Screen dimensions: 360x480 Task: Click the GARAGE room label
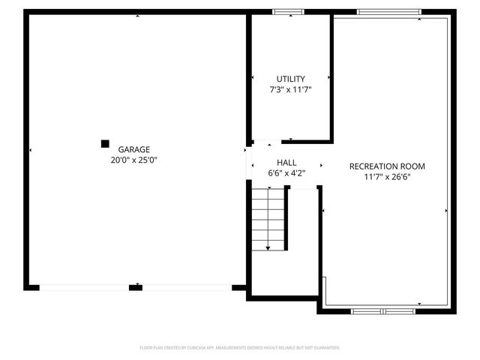(133, 149)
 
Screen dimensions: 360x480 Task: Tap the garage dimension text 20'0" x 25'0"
(133, 160)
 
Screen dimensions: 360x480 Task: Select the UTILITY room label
(290, 79)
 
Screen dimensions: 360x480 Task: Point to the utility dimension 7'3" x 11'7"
(290, 89)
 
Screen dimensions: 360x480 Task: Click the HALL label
(286, 163)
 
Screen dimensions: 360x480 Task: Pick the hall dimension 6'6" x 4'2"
(286, 173)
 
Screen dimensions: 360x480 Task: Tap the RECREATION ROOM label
(387, 166)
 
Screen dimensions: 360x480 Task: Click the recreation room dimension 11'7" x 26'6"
(387, 177)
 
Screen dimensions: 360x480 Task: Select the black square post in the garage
(105, 143)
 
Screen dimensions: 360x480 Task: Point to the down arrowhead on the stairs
(268, 247)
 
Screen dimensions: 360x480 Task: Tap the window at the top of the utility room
(288, 11)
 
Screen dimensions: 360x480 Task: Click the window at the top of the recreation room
(379, 11)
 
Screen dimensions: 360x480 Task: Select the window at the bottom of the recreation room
(379, 310)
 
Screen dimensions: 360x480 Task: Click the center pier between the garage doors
(136, 287)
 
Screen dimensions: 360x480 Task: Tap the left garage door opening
(84, 287)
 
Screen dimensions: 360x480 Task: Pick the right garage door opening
(187, 287)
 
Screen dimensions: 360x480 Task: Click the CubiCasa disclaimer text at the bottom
(240, 348)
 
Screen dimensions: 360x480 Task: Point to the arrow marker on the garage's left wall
(31, 151)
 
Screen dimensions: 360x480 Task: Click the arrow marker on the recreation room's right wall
(447, 211)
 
